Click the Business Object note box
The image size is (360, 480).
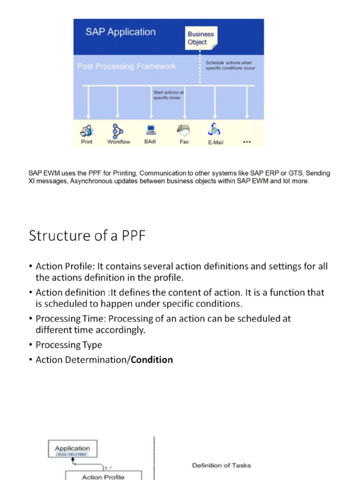(201, 38)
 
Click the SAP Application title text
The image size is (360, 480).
(120, 32)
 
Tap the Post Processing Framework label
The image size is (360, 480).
(127, 67)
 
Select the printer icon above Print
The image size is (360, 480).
(87, 130)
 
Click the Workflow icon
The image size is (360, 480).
(117, 130)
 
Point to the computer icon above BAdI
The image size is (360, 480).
(150, 130)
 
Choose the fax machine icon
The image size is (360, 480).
(183, 130)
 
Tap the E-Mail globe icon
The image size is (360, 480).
(215, 129)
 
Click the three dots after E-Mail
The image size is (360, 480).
(247, 142)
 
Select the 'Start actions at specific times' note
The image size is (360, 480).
(169, 95)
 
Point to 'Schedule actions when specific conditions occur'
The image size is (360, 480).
(230, 65)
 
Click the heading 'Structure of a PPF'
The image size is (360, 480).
(87, 235)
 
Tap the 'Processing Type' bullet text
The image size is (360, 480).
(68, 345)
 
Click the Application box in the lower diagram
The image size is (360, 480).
(72, 450)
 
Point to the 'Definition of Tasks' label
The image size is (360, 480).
(221, 465)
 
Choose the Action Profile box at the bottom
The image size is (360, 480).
(103, 476)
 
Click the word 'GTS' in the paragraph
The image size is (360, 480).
(295, 173)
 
